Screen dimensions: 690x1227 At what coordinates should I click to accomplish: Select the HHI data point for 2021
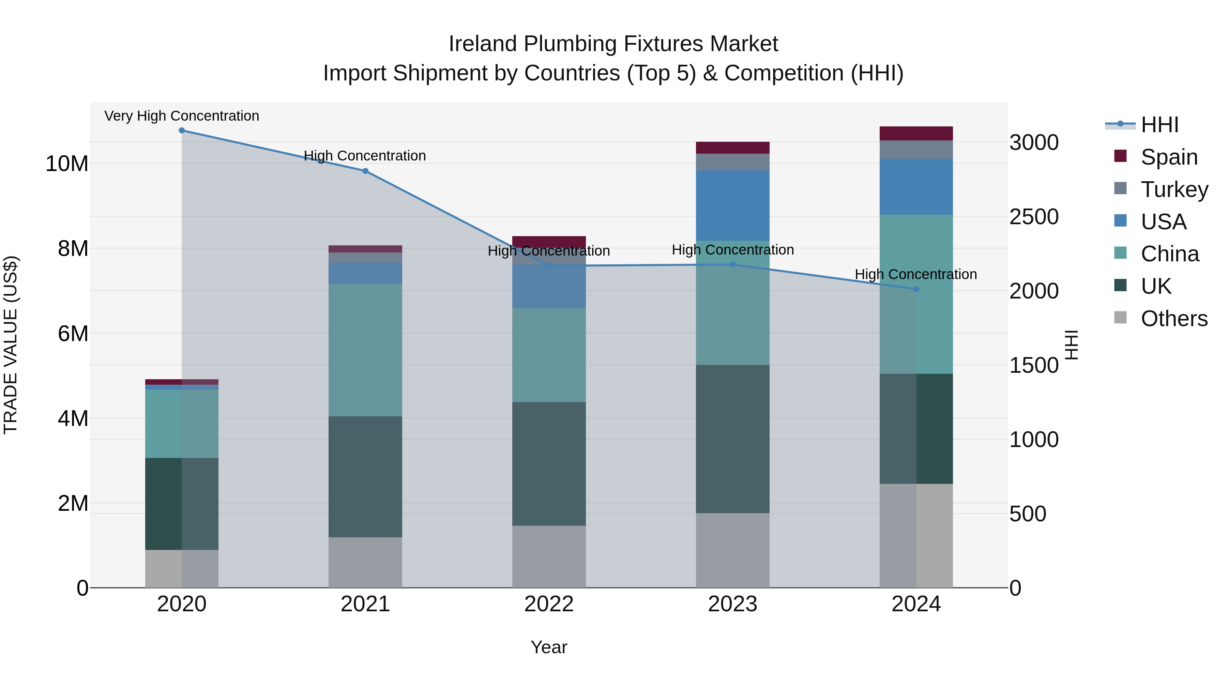tap(365, 171)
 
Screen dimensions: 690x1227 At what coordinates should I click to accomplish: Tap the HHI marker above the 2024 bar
tap(916, 289)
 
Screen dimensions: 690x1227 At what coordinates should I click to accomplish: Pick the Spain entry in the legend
tap(1169, 157)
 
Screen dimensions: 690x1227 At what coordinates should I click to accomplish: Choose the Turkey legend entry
tap(1174, 189)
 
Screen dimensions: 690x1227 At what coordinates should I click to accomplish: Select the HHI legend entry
tap(1160, 125)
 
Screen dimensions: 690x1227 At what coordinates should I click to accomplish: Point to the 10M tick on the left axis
tap(67, 164)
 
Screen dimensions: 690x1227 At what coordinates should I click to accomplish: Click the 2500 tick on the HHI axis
tap(1034, 217)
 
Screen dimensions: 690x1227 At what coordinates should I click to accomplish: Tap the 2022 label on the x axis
tap(549, 604)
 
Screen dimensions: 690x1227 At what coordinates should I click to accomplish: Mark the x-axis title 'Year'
tap(549, 647)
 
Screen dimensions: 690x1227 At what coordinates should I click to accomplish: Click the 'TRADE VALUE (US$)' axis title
tap(11, 345)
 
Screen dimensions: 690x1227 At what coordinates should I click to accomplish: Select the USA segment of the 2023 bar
tap(732, 205)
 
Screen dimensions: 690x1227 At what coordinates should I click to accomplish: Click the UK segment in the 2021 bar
tap(365, 477)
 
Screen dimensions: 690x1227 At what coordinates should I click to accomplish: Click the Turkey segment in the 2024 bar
tap(916, 150)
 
